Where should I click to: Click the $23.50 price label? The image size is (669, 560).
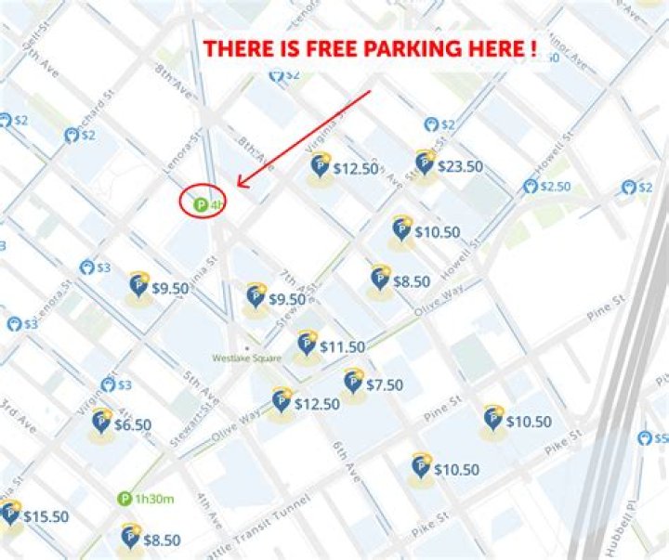click(460, 167)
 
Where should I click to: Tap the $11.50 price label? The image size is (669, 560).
click(342, 346)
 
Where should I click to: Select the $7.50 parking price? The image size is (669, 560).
click(384, 384)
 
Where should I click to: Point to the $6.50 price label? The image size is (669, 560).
click(133, 424)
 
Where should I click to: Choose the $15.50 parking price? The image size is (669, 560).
click(46, 515)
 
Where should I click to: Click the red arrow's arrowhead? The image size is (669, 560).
click(241, 184)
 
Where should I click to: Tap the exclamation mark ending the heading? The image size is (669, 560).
click(533, 49)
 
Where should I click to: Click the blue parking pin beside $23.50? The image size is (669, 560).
click(425, 163)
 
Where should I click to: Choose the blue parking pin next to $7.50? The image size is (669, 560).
click(353, 381)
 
